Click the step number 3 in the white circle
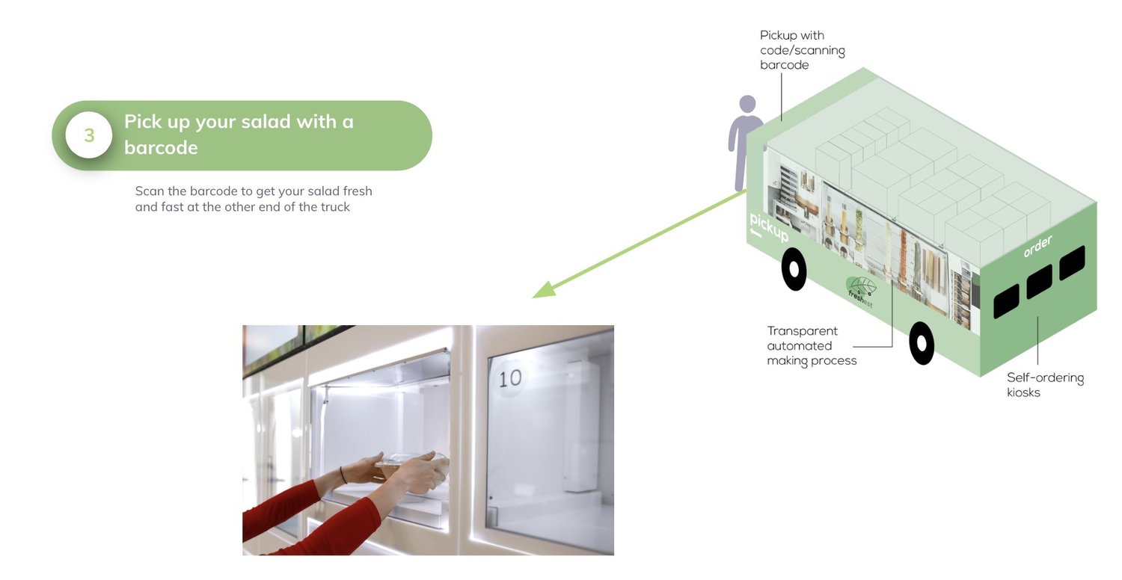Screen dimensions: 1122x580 89,135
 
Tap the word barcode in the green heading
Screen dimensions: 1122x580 161,148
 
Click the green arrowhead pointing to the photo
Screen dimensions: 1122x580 545,290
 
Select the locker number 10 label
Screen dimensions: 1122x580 510,379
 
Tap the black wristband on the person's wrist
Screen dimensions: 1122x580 343,475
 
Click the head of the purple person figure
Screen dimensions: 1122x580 747,104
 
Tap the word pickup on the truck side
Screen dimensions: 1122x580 769,227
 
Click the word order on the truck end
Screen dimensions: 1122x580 1038,246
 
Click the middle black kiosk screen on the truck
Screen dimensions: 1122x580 1040,282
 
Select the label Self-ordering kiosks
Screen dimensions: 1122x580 1046,385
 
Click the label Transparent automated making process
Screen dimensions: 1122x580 812,346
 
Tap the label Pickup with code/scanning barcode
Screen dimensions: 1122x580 802,50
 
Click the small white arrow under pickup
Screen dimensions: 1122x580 755,232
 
